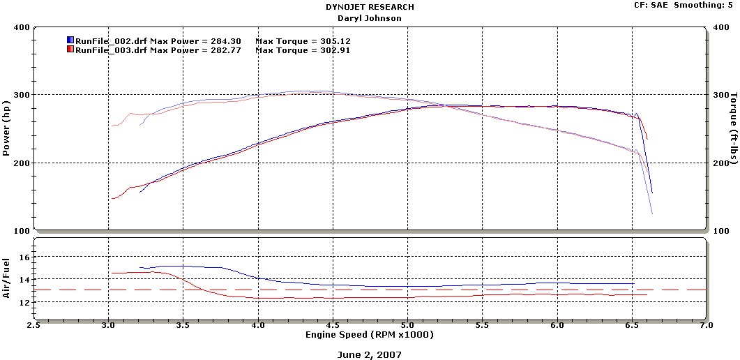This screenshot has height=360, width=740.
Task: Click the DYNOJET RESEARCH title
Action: (x=370, y=7)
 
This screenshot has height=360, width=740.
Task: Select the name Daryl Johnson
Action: (x=370, y=18)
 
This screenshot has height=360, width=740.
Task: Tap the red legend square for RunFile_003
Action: (x=70, y=50)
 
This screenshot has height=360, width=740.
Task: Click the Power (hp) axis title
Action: (x=7, y=129)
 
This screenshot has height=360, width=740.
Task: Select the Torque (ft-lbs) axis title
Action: (x=733, y=129)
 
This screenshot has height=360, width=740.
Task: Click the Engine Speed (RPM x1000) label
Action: (x=370, y=335)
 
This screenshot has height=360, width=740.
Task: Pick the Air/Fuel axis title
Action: (x=7, y=278)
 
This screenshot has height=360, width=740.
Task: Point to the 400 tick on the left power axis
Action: (x=21, y=28)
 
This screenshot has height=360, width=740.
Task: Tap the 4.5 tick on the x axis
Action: (x=333, y=325)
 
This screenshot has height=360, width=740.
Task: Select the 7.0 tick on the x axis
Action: (x=706, y=325)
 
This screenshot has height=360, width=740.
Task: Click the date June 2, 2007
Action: (x=370, y=354)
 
